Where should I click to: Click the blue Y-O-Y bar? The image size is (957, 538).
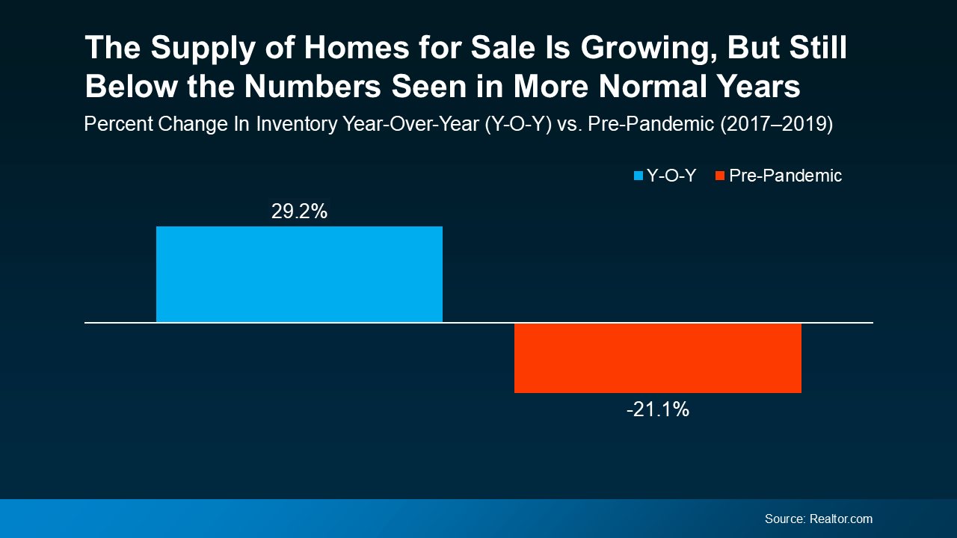click(299, 274)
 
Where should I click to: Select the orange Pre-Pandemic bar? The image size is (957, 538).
click(657, 358)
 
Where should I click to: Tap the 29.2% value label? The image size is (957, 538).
click(299, 211)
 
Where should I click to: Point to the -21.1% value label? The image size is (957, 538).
click(657, 409)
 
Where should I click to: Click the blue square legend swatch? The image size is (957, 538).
click(638, 176)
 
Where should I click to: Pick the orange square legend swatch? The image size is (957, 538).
click(720, 176)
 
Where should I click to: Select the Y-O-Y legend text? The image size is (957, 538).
click(671, 176)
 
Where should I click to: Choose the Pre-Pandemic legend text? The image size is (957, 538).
click(786, 176)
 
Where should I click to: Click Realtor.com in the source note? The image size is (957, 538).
click(840, 519)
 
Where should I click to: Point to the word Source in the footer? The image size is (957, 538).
click(784, 519)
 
